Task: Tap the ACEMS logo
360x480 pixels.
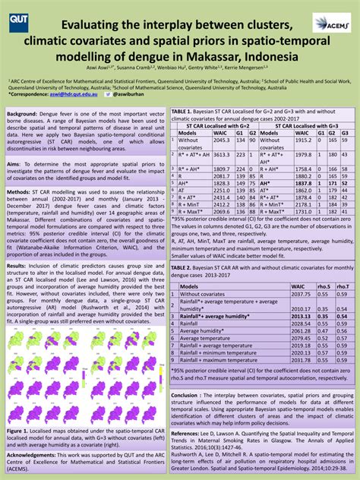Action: click(x=332, y=23)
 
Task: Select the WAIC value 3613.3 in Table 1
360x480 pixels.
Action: click(x=221, y=154)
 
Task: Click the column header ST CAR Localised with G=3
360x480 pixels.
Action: click(x=302, y=125)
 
